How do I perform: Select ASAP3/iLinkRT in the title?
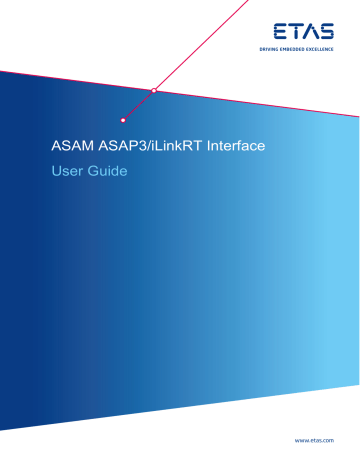point(139,148)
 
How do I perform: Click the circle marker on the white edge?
point(154,91)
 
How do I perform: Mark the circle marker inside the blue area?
point(123,118)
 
